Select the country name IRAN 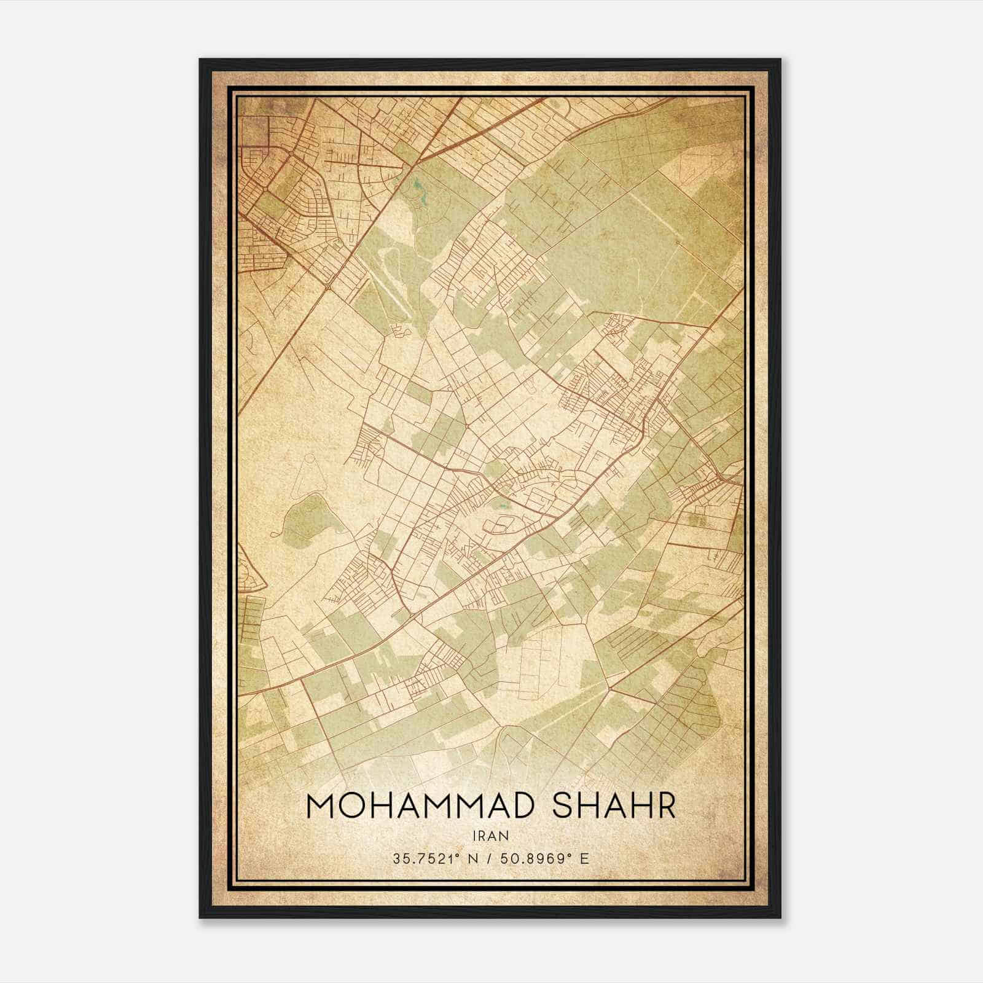click(x=490, y=836)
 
